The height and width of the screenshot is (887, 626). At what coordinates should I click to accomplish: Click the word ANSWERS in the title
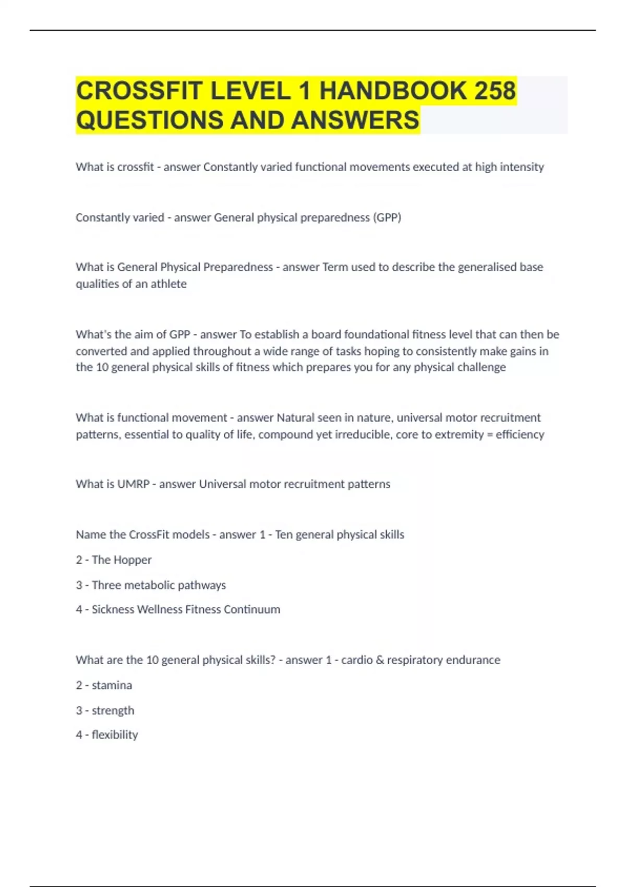coord(355,120)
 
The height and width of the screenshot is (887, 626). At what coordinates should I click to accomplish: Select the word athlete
coord(168,284)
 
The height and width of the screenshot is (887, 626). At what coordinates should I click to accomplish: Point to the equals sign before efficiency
coord(489,435)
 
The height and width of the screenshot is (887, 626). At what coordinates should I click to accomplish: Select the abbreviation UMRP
coord(133,484)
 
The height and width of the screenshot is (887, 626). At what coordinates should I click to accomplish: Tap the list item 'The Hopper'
coord(122,560)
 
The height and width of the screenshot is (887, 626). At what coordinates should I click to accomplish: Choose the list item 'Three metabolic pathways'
coord(159,585)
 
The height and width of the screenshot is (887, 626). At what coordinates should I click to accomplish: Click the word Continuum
coord(252,609)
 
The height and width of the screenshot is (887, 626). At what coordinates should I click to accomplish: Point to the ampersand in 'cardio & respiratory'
coord(380,660)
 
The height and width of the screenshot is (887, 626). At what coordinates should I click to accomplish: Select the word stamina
coord(112,685)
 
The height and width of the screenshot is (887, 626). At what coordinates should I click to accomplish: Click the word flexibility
coord(115,735)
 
